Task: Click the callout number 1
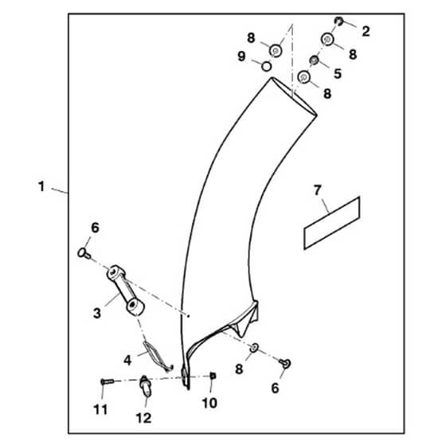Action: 41,186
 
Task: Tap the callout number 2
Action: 366,31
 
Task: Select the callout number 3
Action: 96,313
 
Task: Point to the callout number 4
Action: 127,360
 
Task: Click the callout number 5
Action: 338,73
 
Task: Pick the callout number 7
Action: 318,190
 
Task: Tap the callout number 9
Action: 241,57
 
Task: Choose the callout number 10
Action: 209,403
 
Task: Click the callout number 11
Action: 100,409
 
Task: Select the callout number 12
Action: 143,418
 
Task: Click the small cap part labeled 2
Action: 338,21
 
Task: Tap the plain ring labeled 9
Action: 267,66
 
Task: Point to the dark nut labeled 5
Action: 314,60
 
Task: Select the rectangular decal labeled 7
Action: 332,223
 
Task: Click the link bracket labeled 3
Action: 126,291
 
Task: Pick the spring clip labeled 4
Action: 158,357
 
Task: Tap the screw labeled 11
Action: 108,381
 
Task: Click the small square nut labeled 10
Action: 213,376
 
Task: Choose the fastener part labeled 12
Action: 145,385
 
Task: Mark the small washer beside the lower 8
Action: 254,347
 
